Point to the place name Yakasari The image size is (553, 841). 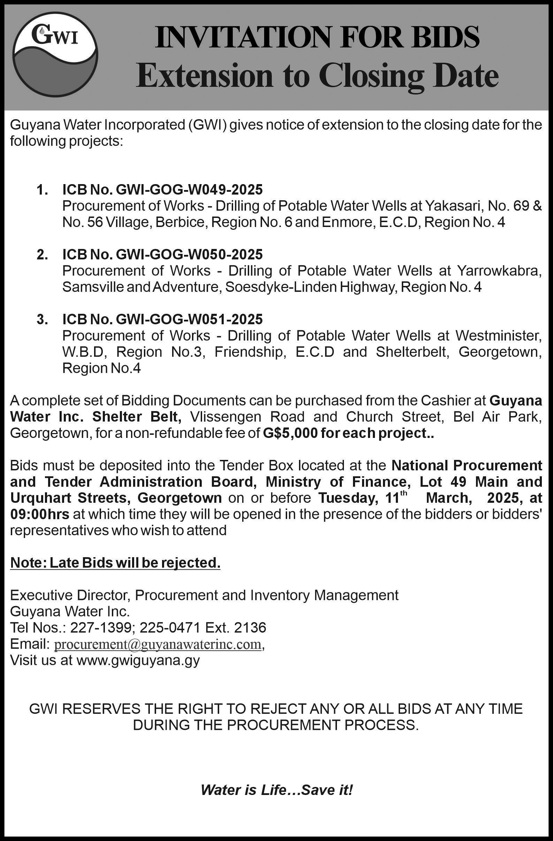tap(449, 206)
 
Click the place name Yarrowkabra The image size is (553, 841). tap(498, 271)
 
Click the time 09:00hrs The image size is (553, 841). tap(40, 515)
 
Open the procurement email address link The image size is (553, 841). tap(158, 645)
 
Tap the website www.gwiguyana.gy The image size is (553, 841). tap(138, 660)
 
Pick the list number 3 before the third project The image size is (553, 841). tap(41, 319)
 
